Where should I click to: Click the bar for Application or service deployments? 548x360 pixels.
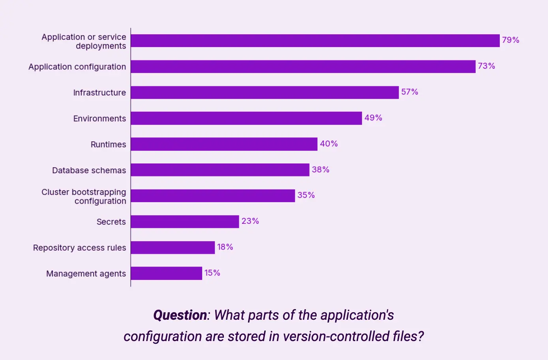[315, 41]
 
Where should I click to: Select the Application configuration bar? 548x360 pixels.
[303, 67]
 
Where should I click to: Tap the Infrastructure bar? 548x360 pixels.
[265, 92]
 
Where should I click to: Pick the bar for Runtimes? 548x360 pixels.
[224, 144]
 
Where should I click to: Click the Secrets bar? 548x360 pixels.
[185, 221]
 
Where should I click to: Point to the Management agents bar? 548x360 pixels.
[166, 273]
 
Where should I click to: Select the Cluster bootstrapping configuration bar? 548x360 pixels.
[213, 196]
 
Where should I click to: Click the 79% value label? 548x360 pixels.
[510, 40]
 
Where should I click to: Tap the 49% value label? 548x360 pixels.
[373, 118]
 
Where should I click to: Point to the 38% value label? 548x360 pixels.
[321, 170]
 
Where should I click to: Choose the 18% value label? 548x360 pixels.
[225, 247]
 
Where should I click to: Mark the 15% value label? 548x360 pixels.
[212, 273]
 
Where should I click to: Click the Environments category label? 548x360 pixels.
[99, 118]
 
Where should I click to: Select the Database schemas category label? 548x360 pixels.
[89, 170]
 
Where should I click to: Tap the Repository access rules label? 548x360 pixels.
[79, 247]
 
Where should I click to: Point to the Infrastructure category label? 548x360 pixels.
[99, 92]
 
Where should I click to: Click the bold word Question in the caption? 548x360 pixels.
[180, 315]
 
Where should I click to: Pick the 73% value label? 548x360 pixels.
[486, 66]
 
